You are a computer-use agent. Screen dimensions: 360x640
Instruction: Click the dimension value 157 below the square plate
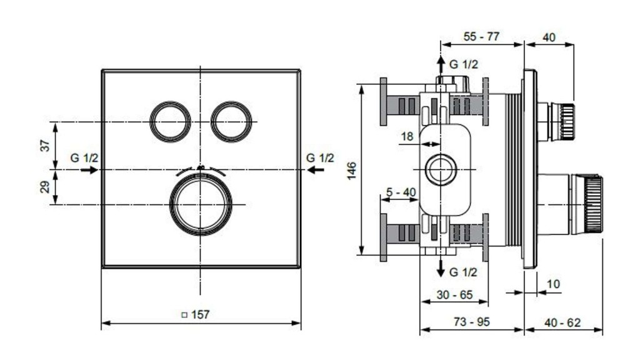[199, 315]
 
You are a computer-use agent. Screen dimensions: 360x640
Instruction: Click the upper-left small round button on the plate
[170, 121]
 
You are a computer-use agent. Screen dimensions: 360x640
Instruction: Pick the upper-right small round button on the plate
[231, 121]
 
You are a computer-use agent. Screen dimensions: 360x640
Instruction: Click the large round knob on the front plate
[201, 204]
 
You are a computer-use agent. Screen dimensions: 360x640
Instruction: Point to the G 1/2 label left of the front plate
[84, 158]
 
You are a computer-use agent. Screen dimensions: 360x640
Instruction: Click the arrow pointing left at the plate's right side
[322, 169]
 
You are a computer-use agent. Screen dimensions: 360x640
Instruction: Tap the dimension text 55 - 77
[481, 37]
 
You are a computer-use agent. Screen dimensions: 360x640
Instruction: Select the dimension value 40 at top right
[549, 37]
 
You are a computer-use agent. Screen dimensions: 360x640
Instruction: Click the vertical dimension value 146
[351, 170]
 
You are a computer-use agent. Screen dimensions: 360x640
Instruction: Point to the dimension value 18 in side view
[407, 136]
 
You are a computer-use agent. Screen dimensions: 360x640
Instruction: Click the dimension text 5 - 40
[401, 192]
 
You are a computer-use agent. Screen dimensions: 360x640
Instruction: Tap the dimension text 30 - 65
[454, 294]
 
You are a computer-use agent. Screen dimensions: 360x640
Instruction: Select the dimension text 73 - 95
[472, 322]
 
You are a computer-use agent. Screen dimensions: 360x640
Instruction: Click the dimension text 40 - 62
[562, 322]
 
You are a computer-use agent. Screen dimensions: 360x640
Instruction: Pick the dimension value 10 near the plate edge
[553, 284]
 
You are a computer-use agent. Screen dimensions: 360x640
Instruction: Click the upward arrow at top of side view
[441, 63]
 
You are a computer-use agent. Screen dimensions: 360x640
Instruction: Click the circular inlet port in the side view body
[441, 169]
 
